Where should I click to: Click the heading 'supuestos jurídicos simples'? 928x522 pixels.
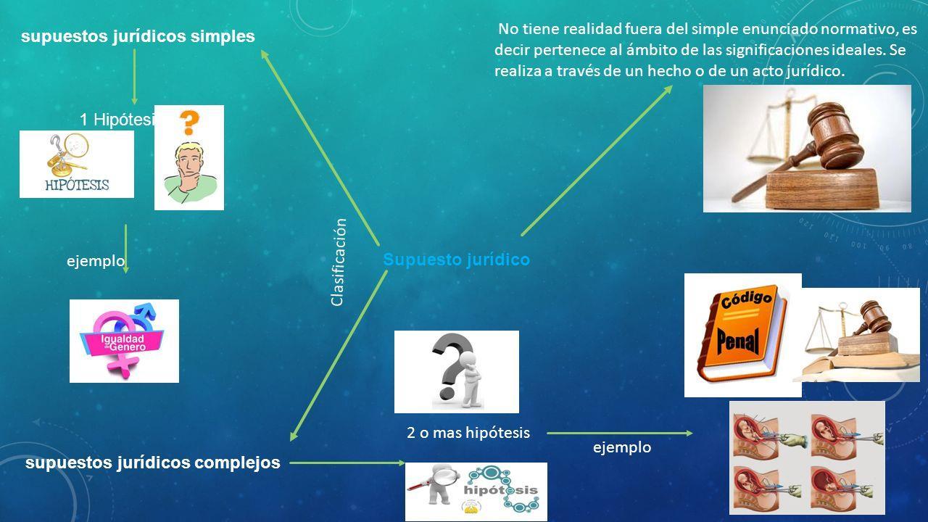coord(138,36)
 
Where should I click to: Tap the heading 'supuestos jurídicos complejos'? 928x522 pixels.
coord(153,463)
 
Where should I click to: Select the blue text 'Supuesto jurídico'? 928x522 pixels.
coord(456,260)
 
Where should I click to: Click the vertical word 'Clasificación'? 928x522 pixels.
coord(339,262)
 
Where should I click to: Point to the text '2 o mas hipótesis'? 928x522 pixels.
coord(468,433)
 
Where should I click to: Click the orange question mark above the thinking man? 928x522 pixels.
coord(188,122)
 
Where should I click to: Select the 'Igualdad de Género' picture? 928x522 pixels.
coord(124,341)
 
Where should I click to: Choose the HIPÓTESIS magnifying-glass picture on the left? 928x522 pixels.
coord(77,164)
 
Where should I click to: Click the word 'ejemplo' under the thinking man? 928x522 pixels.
coord(96,260)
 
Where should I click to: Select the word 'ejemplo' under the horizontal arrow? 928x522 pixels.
coord(622,447)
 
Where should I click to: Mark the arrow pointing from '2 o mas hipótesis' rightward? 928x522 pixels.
coord(620,434)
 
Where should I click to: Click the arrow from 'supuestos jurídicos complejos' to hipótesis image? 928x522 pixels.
coord(347,462)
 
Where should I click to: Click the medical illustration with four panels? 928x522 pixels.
coord(807,457)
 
